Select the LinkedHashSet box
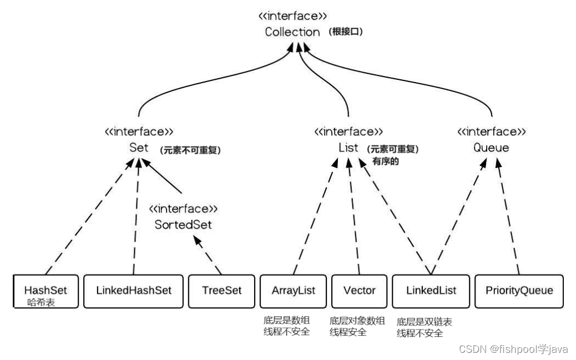[x=133, y=291]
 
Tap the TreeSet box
[x=221, y=291]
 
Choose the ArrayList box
[x=293, y=291]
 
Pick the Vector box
[x=359, y=291]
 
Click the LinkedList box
[x=431, y=291]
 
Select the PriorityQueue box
[x=519, y=291]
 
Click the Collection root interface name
[x=292, y=32]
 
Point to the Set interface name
[x=138, y=148]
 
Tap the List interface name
[x=348, y=148]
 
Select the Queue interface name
[x=491, y=148]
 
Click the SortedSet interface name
[x=183, y=225]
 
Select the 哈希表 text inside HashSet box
[x=42, y=303]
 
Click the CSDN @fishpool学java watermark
[x=513, y=349]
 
